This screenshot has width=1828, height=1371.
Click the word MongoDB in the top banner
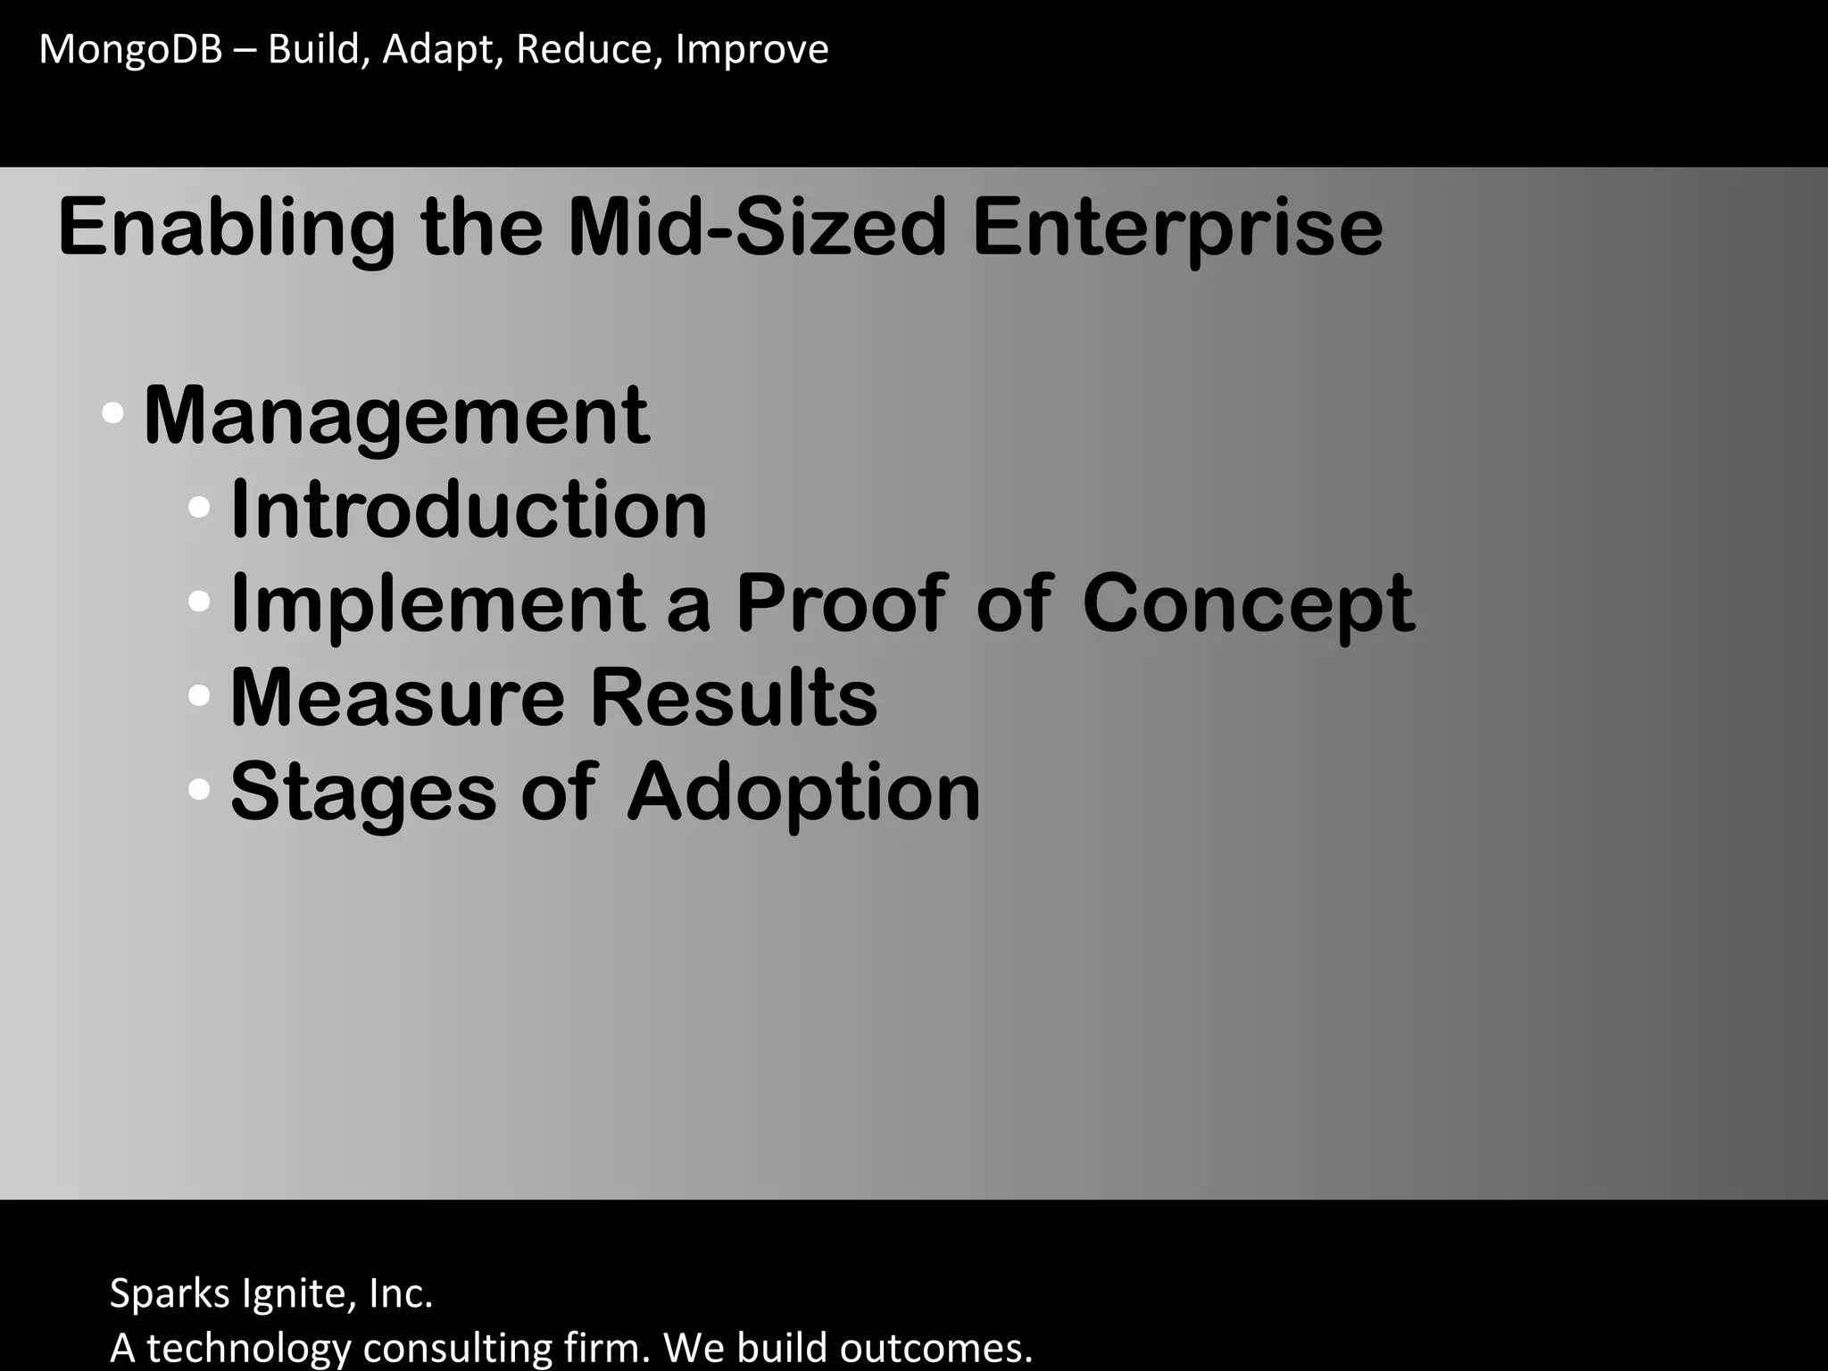pos(130,50)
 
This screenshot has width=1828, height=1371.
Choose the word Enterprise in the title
pos(1177,228)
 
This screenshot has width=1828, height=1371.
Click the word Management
pos(396,416)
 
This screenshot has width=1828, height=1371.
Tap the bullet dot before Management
pos(112,414)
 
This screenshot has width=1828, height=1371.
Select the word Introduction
pos(469,510)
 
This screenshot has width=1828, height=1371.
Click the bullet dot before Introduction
pos(199,509)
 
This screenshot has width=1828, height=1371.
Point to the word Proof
pos(840,604)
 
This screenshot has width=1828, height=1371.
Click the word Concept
pos(1248,604)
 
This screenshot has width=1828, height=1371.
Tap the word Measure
pos(397,698)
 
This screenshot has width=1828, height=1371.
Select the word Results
pos(734,698)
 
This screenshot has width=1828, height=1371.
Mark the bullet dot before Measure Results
pos(199,694)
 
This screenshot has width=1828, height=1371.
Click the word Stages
pos(363,794)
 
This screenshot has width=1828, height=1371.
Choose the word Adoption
pos(803,794)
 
